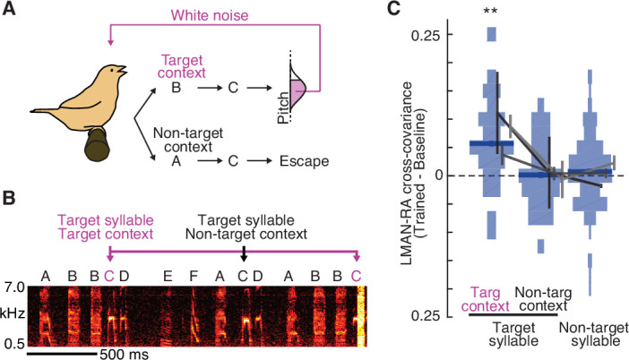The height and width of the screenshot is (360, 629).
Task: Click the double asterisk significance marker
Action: pos(490,11)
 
